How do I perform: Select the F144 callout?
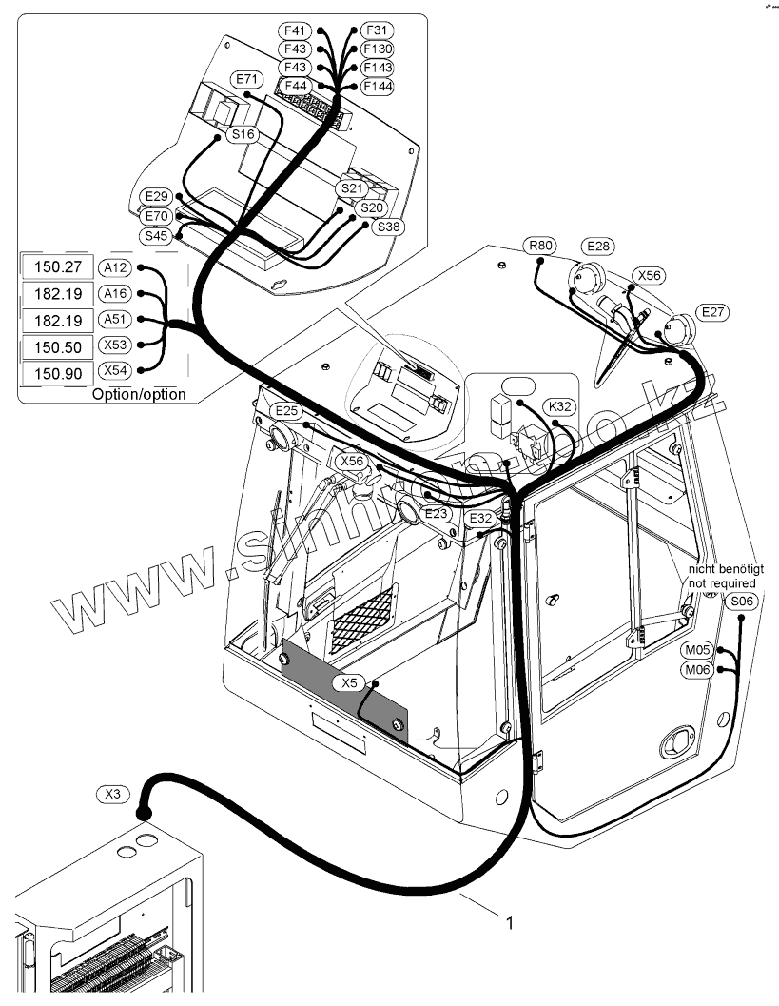(378, 86)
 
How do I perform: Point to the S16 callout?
(243, 135)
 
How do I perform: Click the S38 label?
(388, 227)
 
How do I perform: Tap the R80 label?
(541, 246)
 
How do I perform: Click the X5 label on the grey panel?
(350, 682)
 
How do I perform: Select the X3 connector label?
(112, 793)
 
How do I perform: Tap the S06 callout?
(741, 601)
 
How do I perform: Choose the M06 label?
(698, 671)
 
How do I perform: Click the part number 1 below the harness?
(510, 922)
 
